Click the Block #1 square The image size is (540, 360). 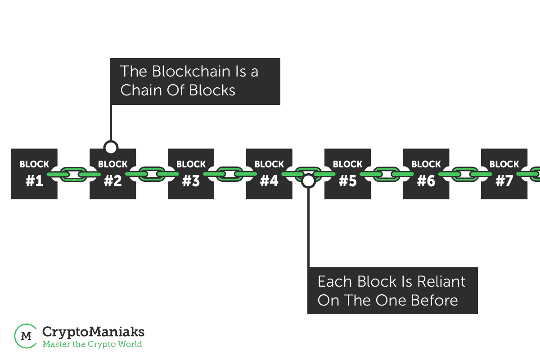tap(34, 174)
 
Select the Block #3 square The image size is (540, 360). tap(191, 174)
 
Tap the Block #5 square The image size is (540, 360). tap(347, 174)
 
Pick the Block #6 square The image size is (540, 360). tap(426, 174)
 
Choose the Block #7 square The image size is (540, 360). tap(504, 174)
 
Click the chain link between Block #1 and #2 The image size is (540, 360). tap(73, 174)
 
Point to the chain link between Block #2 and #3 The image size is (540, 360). tap(152, 174)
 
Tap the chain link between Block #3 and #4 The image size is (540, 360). tap(230, 174)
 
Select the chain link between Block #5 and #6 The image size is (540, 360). tap(387, 174)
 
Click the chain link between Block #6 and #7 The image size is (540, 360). tap(465, 174)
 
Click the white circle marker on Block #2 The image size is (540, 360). tap(111, 147)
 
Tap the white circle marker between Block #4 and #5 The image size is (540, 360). tap(308, 181)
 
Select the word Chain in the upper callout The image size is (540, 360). tap(141, 90)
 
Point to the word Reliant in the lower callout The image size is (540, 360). tap(441, 281)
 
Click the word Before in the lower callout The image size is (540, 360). tap(434, 301)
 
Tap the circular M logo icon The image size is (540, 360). tap(26, 336)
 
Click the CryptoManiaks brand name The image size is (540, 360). tap(93, 332)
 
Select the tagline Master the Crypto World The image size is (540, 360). tap(92, 344)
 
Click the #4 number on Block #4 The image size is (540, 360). tap(269, 181)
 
